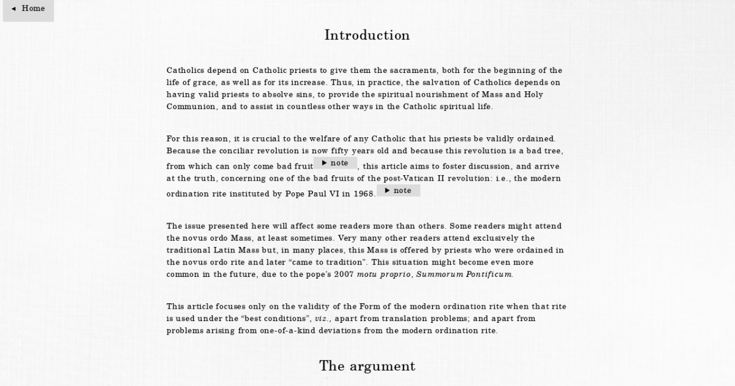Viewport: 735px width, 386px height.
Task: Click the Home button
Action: [x=28, y=9]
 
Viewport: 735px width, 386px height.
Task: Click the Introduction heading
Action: [x=367, y=35]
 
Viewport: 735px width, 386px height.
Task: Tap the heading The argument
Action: [x=367, y=366]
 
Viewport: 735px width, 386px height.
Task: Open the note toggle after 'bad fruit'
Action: [x=335, y=164]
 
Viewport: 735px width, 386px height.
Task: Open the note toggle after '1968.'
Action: [x=398, y=191]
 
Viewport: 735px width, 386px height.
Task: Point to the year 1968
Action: [x=364, y=194]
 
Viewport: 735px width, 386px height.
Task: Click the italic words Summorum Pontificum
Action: [x=464, y=274]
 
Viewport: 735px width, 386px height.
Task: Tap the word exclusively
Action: [x=496, y=238]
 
